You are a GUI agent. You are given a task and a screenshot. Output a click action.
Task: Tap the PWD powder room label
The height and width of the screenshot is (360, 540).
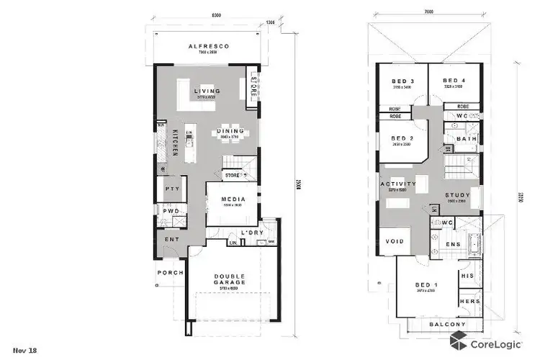[171, 212]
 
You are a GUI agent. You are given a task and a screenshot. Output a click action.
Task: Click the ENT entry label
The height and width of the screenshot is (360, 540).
[171, 239]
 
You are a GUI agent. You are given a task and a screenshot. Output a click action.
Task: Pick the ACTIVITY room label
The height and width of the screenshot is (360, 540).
[398, 184]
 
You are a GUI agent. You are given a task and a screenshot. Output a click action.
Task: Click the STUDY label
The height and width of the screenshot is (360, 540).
[458, 194]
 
